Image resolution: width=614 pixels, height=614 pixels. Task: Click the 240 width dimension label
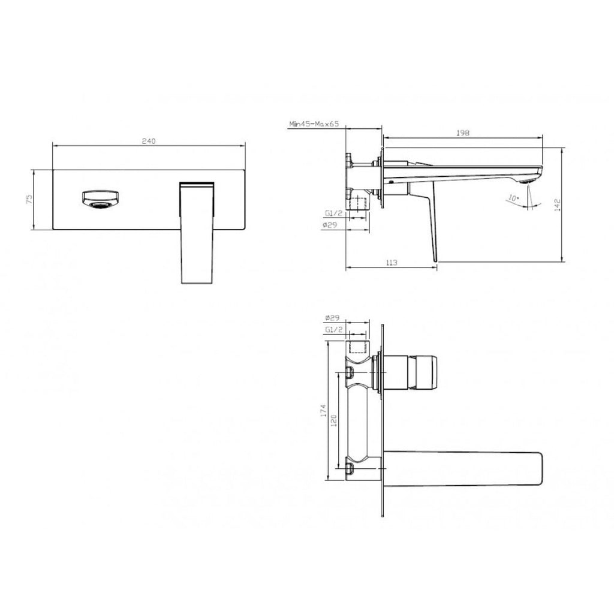149,141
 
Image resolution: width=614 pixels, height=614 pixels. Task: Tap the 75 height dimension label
29,199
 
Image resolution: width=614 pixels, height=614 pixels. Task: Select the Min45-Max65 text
314,124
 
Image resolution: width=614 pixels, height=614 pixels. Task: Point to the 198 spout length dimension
462,133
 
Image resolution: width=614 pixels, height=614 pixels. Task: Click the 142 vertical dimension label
558,205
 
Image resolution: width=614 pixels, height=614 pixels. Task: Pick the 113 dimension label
391,263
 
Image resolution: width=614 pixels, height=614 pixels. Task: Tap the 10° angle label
513,198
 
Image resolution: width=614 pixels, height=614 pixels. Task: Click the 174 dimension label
323,410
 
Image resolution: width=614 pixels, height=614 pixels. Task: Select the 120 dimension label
334,420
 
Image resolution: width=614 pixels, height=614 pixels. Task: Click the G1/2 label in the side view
333,213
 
